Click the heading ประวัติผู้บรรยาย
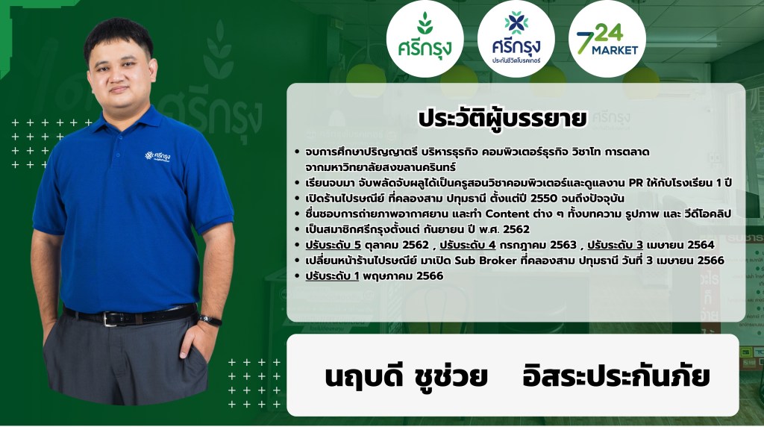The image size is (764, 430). [502, 119]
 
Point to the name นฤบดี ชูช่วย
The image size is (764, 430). [406, 376]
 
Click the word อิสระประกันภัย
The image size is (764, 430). [616, 376]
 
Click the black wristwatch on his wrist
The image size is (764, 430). [210, 320]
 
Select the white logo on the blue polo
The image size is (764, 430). [157, 157]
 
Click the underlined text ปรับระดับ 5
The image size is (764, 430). [334, 245]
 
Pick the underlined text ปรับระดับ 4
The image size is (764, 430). [468, 245]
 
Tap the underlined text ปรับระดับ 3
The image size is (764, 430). [615, 245]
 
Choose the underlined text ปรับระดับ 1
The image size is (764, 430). [332, 276]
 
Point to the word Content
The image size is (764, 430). [507, 214]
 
